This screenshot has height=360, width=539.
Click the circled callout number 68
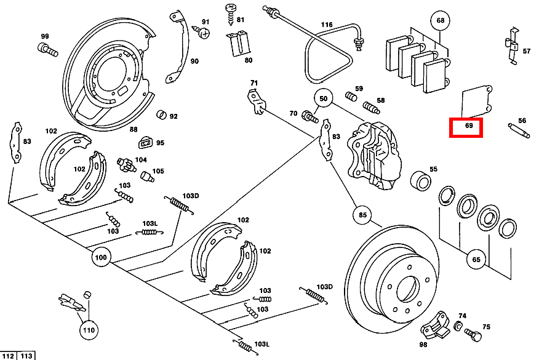(x=440, y=21)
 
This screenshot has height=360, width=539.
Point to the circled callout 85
(x=362, y=215)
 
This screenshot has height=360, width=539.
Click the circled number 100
(x=102, y=257)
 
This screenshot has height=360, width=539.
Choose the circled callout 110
(x=88, y=330)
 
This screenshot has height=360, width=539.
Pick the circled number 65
(x=476, y=259)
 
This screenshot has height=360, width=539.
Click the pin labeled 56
(x=519, y=130)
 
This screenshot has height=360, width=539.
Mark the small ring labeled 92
(x=162, y=115)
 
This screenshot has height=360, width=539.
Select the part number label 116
(x=326, y=25)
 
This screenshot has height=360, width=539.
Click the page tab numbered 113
(x=26, y=356)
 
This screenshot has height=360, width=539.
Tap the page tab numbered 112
(x=9, y=356)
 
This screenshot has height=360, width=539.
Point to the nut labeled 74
(x=458, y=325)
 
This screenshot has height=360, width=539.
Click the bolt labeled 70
(x=311, y=114)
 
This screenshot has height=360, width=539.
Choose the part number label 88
(x=134, y=129)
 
